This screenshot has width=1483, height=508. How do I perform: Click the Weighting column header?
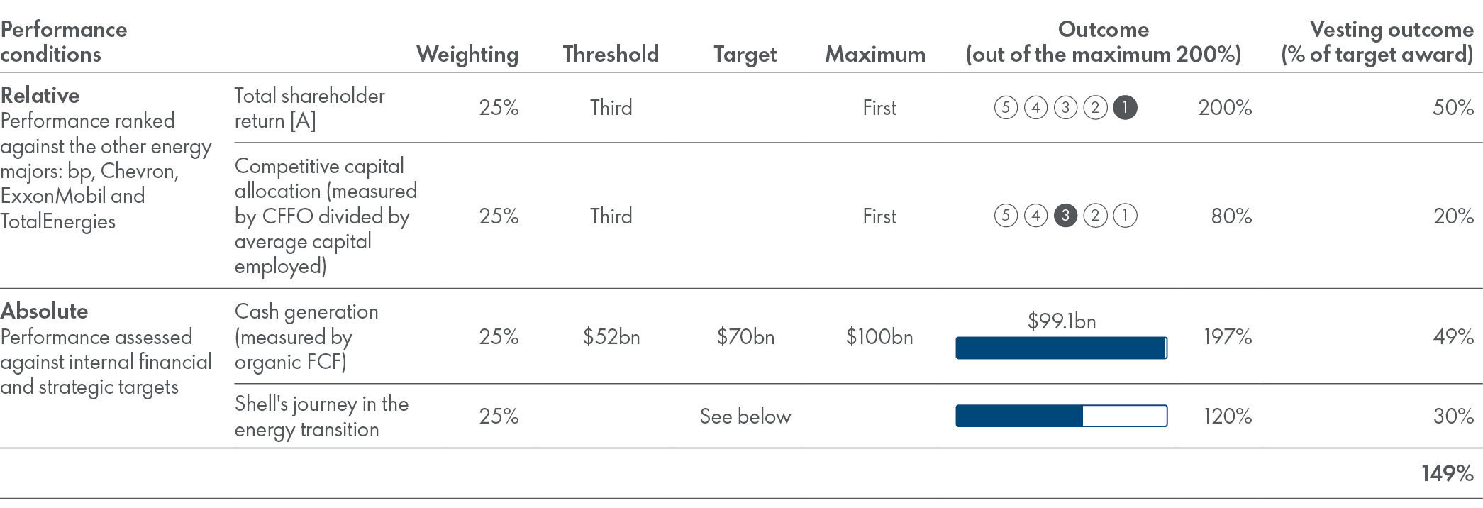tap(467, 55)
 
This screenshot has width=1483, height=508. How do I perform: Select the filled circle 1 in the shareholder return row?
tap(1125, 108)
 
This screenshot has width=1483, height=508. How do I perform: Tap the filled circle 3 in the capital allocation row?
tap(1065, 216)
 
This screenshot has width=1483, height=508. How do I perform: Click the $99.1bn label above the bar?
tap(1061, 321)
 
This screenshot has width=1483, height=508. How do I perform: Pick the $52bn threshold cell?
tap(611, 336)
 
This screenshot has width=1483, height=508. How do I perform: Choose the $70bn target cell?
tap(745, 336)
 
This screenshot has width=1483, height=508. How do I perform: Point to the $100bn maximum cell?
tap(879, 336)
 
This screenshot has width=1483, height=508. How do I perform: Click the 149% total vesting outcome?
tap(1447, 473)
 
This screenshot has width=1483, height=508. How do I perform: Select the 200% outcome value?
tap(1225, 108)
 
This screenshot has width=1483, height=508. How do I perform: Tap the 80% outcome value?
tap(1231, 216)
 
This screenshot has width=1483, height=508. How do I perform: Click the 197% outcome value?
tap(1227, 336)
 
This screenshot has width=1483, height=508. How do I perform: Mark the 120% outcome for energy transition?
tap(1227, 416)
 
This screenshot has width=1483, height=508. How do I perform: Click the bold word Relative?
tap(40, 96)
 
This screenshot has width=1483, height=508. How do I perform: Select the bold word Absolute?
tap(45, 311)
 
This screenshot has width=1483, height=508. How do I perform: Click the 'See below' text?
tap(745, 416)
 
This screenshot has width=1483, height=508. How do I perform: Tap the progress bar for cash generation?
tap(1060, 348)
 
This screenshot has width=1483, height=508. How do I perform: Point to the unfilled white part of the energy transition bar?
tap(1124, 416)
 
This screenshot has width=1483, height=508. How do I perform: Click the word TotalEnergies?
tap(58, 221)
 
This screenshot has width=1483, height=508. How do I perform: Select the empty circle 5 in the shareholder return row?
tap(1006, 108)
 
